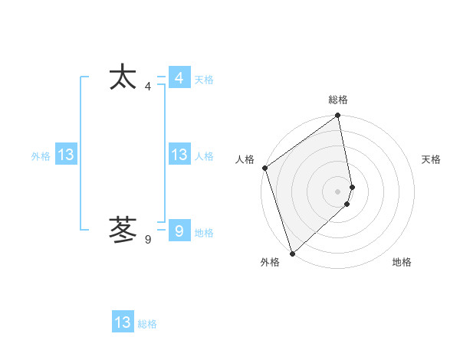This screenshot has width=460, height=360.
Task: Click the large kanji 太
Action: point(123,79)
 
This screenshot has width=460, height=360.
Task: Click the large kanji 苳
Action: point(123,229)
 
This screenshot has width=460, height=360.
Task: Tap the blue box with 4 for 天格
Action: point(179,78)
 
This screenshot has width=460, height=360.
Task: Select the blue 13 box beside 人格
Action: point(179,155)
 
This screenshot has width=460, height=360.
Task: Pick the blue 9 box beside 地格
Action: point(179,231)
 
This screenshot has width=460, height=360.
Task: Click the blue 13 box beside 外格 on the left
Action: point(65,155)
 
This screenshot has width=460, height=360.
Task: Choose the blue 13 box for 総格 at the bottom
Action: point(123,322)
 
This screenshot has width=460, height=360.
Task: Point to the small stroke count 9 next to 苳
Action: point(148,240)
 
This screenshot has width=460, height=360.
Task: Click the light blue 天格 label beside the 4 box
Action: point(204,80)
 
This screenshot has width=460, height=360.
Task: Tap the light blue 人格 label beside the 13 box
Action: point(204,156)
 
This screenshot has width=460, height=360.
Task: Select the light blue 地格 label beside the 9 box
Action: point(204,233)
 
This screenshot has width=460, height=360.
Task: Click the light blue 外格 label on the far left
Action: point(41,156)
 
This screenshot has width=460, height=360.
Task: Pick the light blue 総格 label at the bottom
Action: point(147,324)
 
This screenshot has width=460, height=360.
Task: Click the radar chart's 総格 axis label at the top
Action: point(338,100)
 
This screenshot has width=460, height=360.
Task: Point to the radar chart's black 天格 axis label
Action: point(432,159)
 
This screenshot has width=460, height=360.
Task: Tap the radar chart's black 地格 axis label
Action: point(402,262)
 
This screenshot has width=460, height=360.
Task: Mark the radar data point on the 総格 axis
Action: point(338,116)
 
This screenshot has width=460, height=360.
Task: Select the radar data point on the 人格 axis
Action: point(265,168)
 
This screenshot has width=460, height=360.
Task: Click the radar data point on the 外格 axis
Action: point(291,253)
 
